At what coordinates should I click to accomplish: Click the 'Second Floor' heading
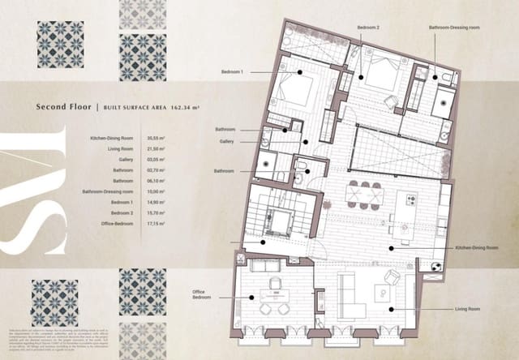[x=64, y=106]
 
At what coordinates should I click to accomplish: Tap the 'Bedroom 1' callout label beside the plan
[x=233, y=71]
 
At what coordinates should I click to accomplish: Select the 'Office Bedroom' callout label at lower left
[x=204, y=294]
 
